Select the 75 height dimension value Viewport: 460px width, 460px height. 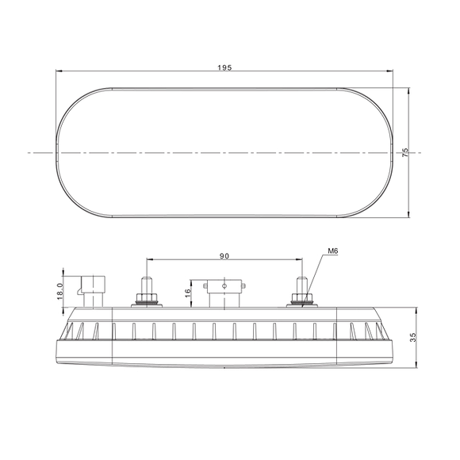click(x=405, y=152)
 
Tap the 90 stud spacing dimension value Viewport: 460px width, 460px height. click(x=224, y=255)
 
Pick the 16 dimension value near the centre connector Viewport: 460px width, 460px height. click(x=187, y=296)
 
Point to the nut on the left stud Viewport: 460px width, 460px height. click(x=147, y=299)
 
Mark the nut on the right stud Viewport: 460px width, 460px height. click(x=302, y=299)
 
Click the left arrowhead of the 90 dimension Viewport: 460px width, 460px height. click(x=149, y=259)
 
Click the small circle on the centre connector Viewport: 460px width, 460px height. click(x=225, y=283)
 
